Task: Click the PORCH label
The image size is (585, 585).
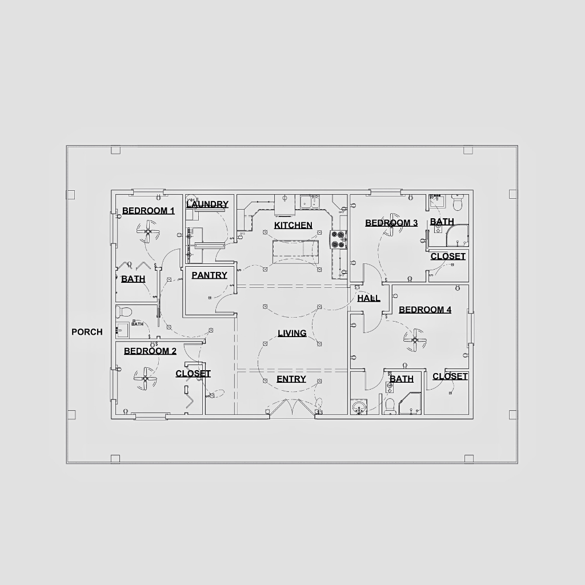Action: coord(87,332)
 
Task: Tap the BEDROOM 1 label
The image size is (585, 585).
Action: coord(149,211)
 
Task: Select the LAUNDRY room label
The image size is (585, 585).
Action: coord(207,205)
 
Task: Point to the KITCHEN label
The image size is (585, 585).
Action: coord(293,225)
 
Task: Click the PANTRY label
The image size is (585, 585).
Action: coord(209,275)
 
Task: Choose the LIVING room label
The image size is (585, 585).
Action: coord(292,333)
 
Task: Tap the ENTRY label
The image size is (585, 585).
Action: coord(291,379)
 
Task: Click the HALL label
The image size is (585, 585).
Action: coord(368,298)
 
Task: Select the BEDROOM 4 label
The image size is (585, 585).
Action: coord(425,310)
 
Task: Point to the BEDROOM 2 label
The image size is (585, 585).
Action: coord(150,351)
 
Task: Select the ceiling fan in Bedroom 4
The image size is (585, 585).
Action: coord(415,340)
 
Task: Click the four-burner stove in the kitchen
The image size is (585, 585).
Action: coord(338,239)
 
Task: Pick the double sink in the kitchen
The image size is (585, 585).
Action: coord(310,202)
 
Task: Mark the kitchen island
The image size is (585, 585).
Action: coord(295,253)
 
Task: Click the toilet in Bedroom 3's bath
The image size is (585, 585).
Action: coord(458,202)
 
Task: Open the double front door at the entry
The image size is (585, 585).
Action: coord(292,407)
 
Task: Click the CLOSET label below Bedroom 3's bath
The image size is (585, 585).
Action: coord(448,257)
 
